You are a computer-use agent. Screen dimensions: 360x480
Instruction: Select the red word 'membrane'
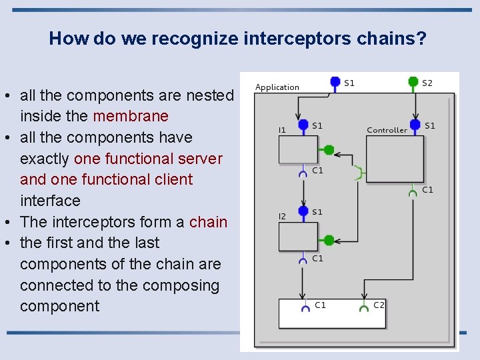(131, 116)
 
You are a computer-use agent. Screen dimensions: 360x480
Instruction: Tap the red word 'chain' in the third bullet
(209, 222)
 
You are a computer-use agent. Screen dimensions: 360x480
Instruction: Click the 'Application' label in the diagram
(277, 87)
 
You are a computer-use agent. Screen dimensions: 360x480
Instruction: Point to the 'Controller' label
(387, 130)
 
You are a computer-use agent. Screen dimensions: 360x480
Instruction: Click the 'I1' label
(283, 130)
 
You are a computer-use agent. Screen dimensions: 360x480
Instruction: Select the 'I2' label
(283, 217)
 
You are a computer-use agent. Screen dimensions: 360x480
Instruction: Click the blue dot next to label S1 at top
(335, 83)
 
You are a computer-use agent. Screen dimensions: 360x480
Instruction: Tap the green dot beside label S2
(414, 83)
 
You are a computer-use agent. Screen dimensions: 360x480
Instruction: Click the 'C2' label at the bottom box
(379, 305)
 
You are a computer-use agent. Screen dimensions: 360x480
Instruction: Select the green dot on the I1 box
(328, 150)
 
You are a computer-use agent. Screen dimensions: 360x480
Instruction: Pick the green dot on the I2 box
(328, 240)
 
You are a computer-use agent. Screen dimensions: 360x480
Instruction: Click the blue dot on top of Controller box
(415, 125)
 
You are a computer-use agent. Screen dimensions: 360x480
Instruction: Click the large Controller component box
(395, 159)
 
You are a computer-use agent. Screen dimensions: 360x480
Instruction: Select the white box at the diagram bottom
(332, 314)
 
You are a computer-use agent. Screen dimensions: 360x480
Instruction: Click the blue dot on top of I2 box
(303, 212)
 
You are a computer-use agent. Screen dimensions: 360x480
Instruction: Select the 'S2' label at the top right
(427, 83)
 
